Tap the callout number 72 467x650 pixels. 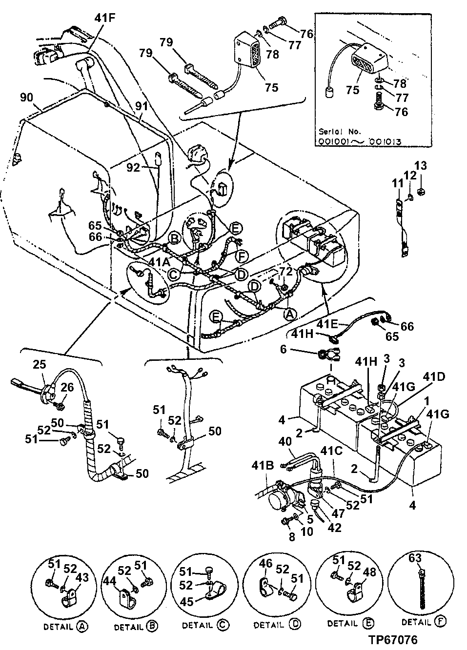click(x=285, y=269)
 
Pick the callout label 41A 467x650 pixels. click(x=159, y=262)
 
